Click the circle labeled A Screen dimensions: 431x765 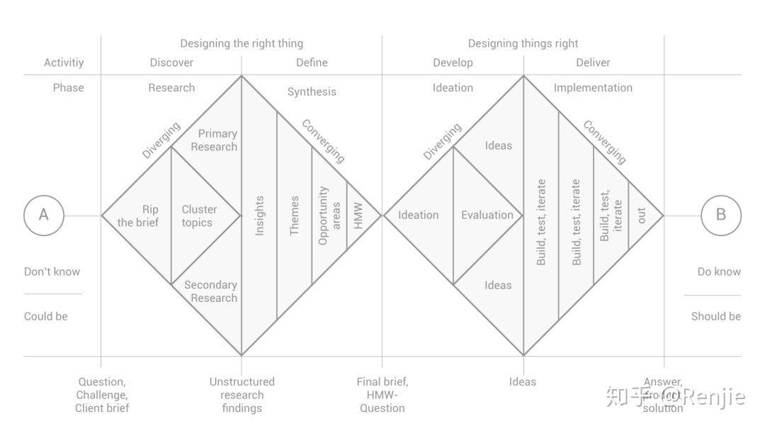click(x=44, y=215)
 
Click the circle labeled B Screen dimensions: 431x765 click(x=721, y=215)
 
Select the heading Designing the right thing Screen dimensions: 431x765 click(x=242, y=44)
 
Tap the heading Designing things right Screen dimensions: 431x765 click(x=523, y=44)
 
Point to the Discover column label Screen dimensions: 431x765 click(x=171, y=62)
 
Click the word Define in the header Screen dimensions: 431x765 click(x=312, y=62)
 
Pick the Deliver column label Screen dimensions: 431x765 click(x=593, y=62)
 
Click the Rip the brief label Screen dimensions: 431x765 click(x=139, y=216)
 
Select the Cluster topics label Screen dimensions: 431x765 click(x=199, y=216)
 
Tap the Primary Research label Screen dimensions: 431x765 click(x=216, y=140)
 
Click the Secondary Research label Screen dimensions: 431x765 click(x=211, y=291)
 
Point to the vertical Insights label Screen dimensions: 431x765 click(x=260, y=216)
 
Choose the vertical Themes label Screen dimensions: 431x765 click(x=295, y=216)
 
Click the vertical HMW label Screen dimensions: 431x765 click(x=358, y=216)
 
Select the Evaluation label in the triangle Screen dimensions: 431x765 click(x=487, y=215)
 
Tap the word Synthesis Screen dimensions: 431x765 click(x=312, y=91)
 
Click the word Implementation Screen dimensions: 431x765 click(x=593, y=88)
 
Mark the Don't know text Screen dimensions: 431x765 click(x=52, y=272)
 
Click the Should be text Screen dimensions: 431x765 click(x=715, y=316)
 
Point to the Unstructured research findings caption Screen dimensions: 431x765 click(x=242, y=395)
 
